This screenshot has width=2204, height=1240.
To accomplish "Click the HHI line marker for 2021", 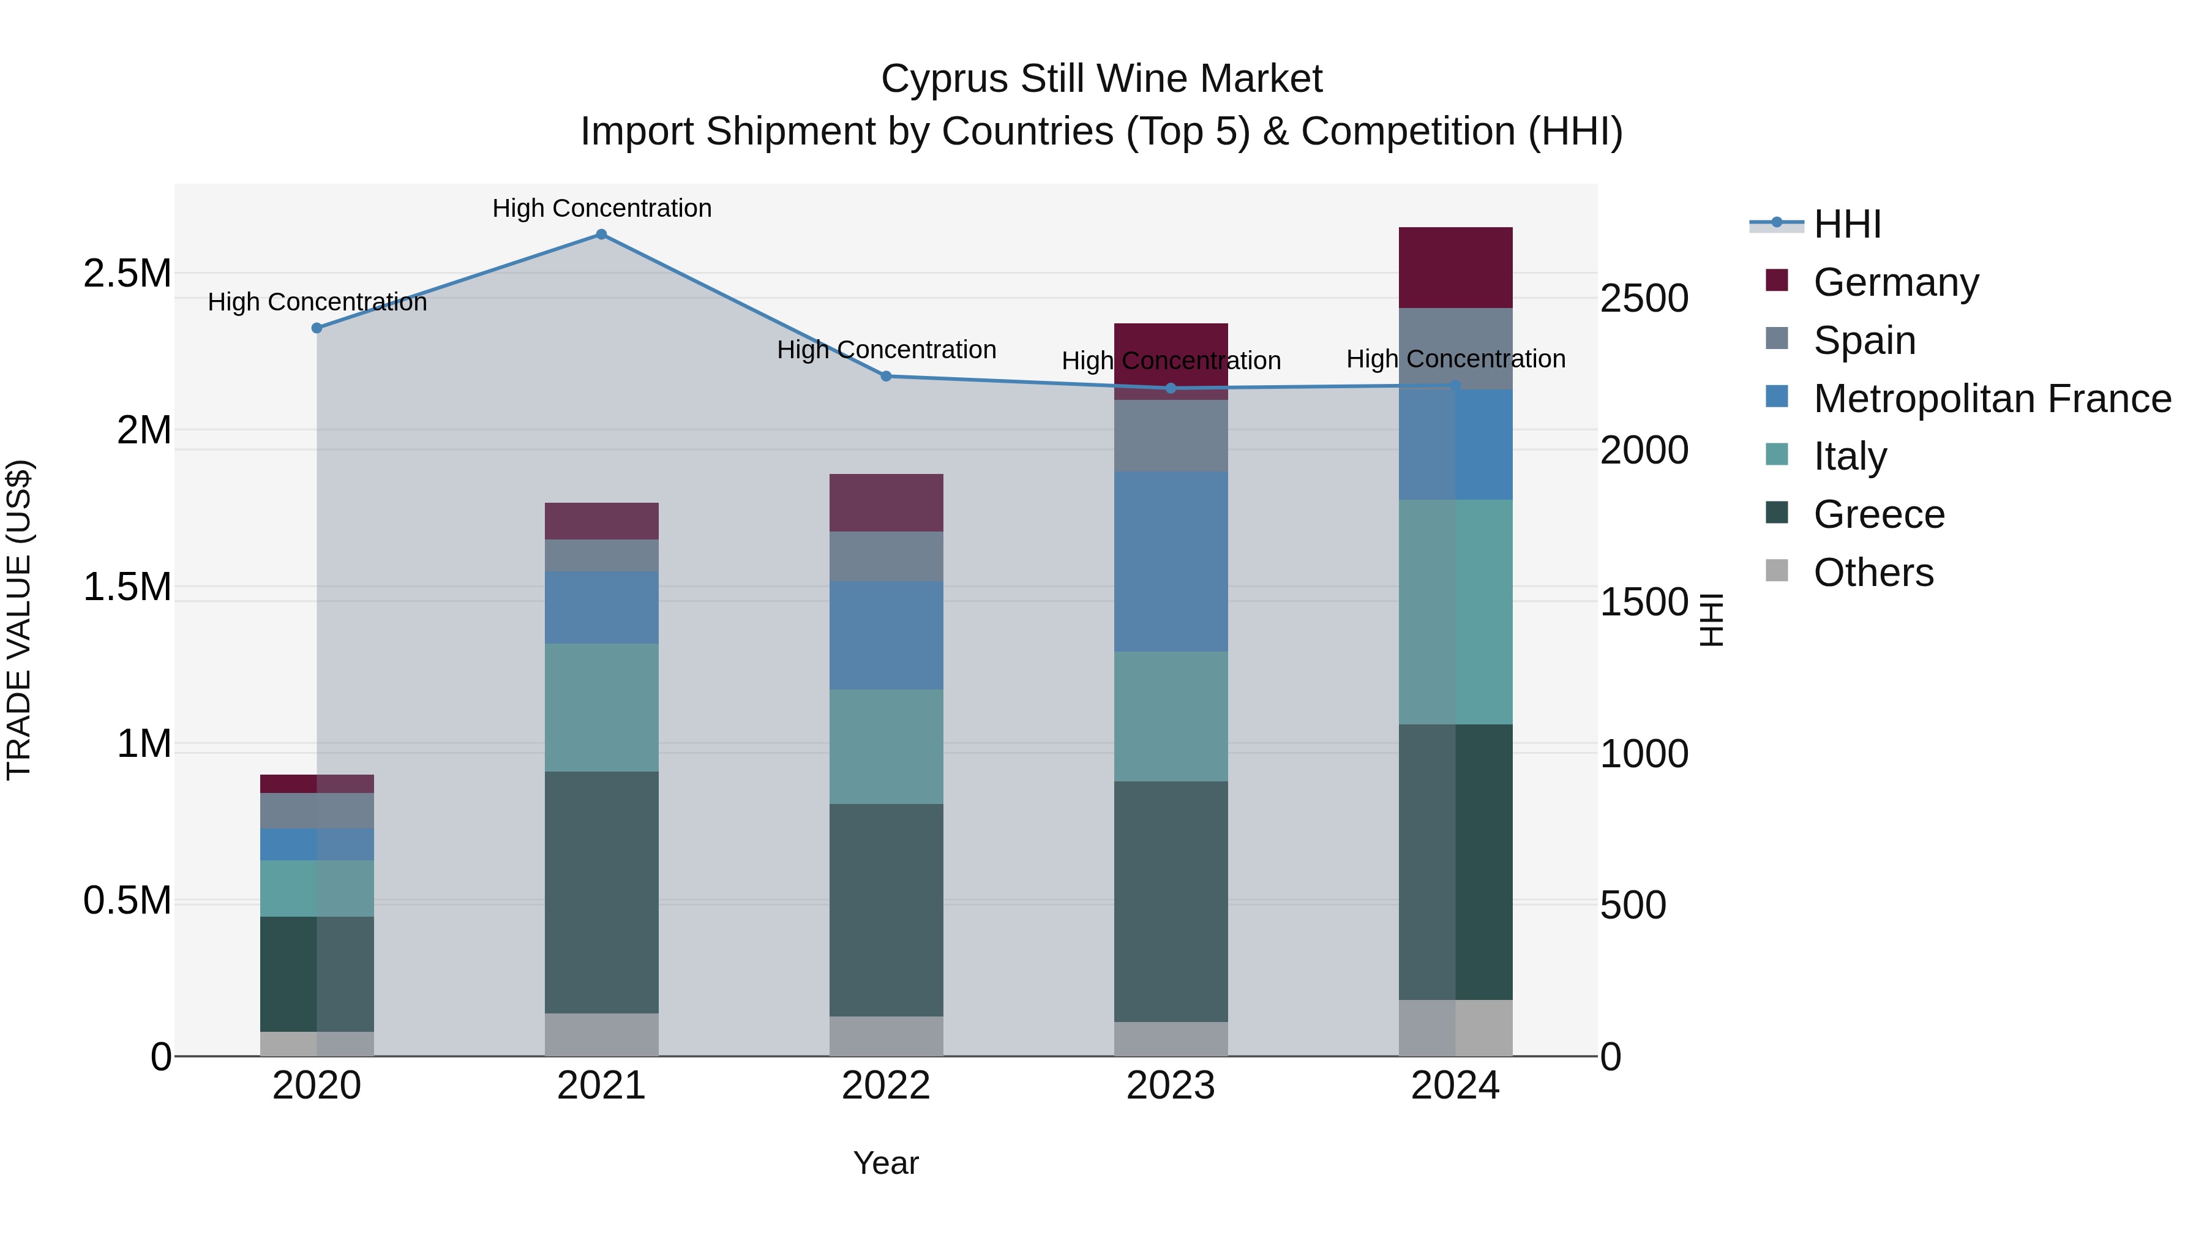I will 601,235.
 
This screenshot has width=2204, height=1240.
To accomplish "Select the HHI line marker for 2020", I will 317,328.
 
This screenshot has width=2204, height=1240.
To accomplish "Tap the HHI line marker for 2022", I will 886,376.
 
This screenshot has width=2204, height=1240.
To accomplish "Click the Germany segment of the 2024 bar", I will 1455,267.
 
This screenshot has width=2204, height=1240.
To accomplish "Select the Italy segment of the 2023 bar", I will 1171,716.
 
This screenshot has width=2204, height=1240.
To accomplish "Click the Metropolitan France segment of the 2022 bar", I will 886,635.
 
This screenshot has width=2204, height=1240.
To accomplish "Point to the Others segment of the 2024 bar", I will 1455,1027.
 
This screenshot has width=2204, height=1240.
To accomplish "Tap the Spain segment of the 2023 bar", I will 1171,435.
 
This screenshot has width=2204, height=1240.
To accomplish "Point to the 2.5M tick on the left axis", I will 127,274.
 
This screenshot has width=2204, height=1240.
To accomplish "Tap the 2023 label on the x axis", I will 1171,1086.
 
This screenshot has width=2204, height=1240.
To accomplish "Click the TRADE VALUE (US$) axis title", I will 20,620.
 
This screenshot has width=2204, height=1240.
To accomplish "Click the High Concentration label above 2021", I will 601,208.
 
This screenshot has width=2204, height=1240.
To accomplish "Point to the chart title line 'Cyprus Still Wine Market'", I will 1101,79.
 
